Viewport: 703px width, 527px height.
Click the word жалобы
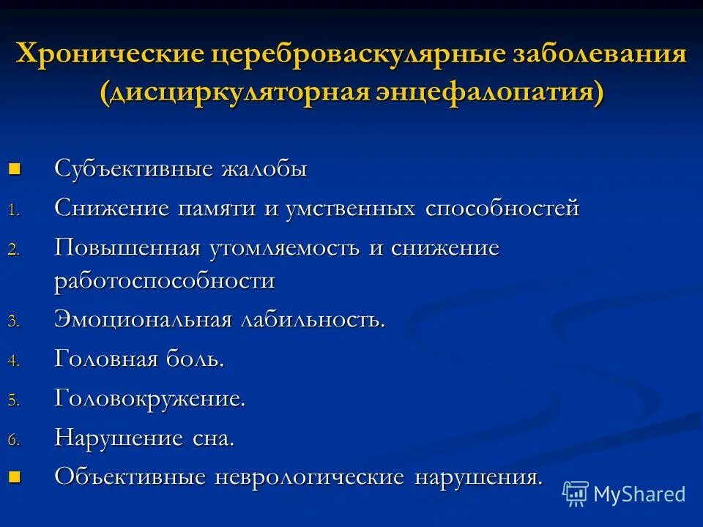[x=264, y=169]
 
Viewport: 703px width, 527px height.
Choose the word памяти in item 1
[x=216, y=209]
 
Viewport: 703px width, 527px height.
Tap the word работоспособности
[x=165, y=281]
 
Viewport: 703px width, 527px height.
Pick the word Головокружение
[x=149, y=399]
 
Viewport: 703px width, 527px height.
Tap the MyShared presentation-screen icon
[x=576, y=494]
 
